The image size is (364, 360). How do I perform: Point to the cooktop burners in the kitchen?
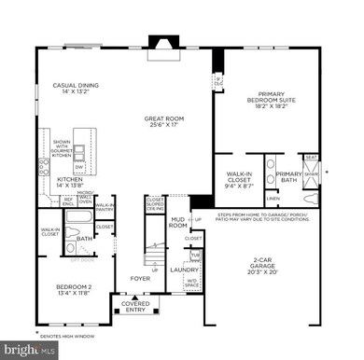coord(44,168)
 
